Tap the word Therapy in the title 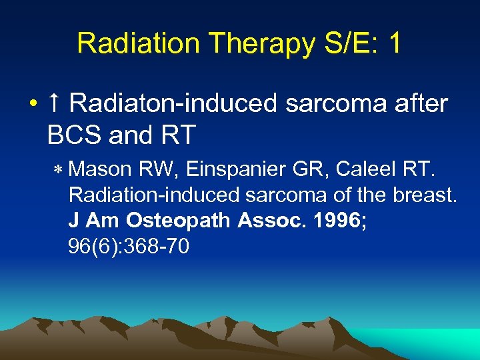click(x=239, y=43)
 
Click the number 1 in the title click(x=394, y=43)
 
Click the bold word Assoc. click(x=273, y=221)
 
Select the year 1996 click(x=339, y=221)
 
